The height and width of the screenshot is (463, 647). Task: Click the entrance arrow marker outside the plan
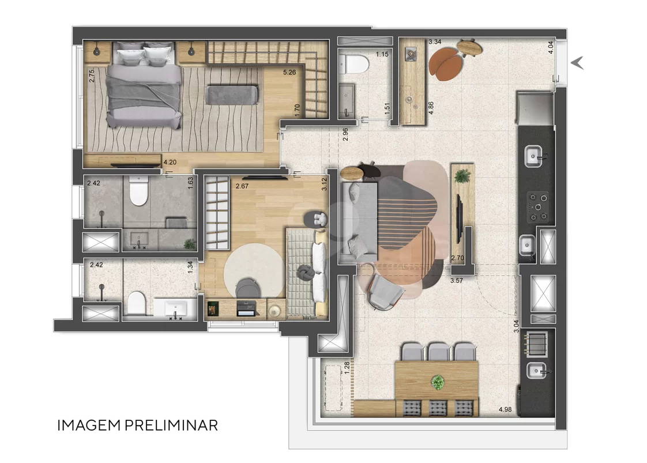click(x=577, y=63)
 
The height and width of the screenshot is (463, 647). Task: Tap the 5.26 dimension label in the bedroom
click(x=289, y=72)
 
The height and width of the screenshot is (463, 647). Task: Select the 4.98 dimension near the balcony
click(x=505, y=409)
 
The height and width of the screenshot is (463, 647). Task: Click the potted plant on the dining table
click(x=437, y=382)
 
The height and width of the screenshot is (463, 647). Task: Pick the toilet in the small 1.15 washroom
click(x=353, y=64)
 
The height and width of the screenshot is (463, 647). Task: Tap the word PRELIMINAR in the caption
click(x=171, y=426)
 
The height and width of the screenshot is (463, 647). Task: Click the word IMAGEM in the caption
click(x=89, y=426)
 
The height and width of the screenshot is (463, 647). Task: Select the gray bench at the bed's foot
click(x=232, y=95)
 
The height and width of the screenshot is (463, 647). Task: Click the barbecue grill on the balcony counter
click(x=536, y=344)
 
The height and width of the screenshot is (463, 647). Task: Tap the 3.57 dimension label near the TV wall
click(x=456, y=281)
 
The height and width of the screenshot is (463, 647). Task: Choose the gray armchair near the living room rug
click(x=385, y=291)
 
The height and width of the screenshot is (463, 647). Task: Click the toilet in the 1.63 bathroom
click(x=138, y=191)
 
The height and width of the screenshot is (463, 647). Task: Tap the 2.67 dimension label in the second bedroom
click(x=242, y=186)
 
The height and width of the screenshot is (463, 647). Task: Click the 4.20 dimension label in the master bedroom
click(x=170, y=162)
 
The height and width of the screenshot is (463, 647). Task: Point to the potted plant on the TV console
click(x=462, y=176)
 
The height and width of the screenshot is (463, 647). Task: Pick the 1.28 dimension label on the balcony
click(x=347, y=368)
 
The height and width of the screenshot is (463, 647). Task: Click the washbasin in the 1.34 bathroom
click(x=175, y=308)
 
